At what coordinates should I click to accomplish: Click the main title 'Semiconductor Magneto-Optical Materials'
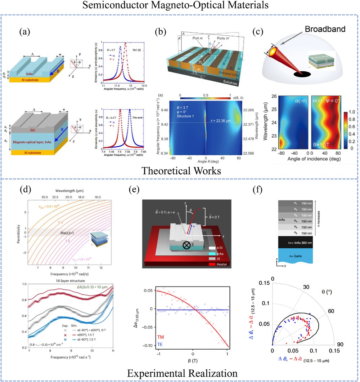coord(180,6)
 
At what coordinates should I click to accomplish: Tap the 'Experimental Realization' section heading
coord(180,372)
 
